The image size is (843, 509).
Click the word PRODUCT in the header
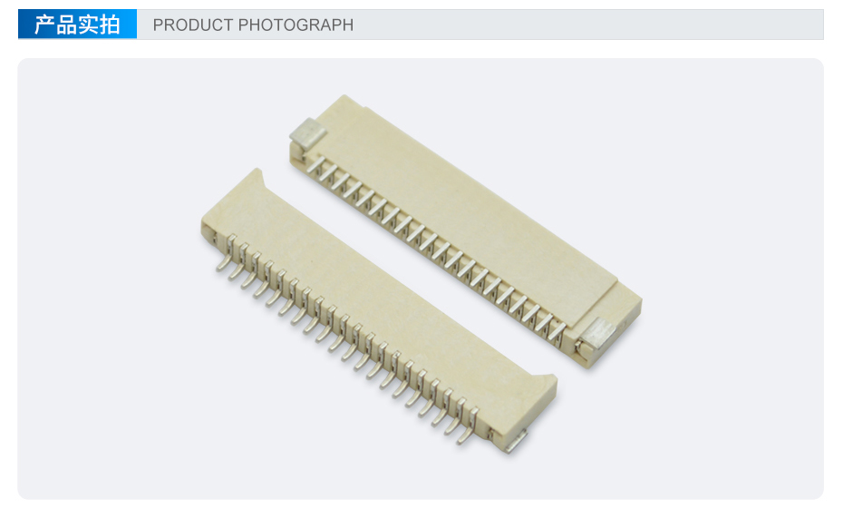[192, 24]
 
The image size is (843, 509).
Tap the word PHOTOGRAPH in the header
[296, 24]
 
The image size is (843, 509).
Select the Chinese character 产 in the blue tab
[44, 24]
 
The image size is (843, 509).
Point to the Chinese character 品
[67, 24]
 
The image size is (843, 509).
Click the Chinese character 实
[88, 24]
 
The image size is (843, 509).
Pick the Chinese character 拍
[110, 24]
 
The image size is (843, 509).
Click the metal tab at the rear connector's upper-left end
[308, 132]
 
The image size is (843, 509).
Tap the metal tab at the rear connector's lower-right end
[598, 332]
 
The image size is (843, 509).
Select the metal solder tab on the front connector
[515, 441]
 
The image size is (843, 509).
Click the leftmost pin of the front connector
[227, 254]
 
